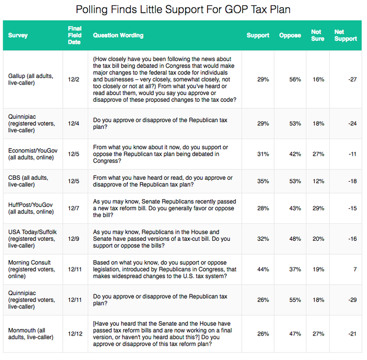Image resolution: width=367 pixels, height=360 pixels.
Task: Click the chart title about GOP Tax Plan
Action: [x=183, y=10]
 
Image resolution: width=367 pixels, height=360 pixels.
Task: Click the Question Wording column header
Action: [x=118, y=35]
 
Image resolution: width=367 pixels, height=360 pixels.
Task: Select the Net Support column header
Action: [x=346, y=35]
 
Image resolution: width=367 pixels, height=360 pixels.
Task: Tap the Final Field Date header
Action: [x=74, y=35]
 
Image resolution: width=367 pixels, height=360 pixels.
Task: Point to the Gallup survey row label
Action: [x=31, y=79]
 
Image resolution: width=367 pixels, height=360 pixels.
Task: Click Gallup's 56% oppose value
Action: [x=295, y=79]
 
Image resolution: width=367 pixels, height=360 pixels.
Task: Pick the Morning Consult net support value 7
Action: [x=355, y=269]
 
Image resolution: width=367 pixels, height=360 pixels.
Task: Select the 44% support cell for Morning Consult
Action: [x=263, y=269]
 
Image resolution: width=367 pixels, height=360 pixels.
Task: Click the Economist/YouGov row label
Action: [x=33, y=154]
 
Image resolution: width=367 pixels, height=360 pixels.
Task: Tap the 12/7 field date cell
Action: [x=73, y=208]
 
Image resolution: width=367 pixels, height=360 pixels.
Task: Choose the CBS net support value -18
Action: [x=352, y=181]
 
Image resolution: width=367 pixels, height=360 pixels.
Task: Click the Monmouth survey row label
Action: [x=31, y=334]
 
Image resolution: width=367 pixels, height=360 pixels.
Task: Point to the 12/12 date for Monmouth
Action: [x=75, y=334]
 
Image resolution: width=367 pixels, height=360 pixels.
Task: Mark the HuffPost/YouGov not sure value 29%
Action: [x=318, y=208]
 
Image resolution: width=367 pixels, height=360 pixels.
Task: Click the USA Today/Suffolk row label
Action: [x=32, y=239]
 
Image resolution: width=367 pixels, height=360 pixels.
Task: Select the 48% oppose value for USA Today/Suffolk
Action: [x=295, y=239]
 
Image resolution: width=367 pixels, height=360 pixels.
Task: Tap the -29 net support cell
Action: [x=352, y=300]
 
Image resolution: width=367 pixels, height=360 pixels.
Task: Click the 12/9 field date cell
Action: [x=73, y=239]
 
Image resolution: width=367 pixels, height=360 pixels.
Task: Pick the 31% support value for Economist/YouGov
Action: [x=263, y=154]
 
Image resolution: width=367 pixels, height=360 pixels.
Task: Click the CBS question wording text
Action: [x=163, y=181]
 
